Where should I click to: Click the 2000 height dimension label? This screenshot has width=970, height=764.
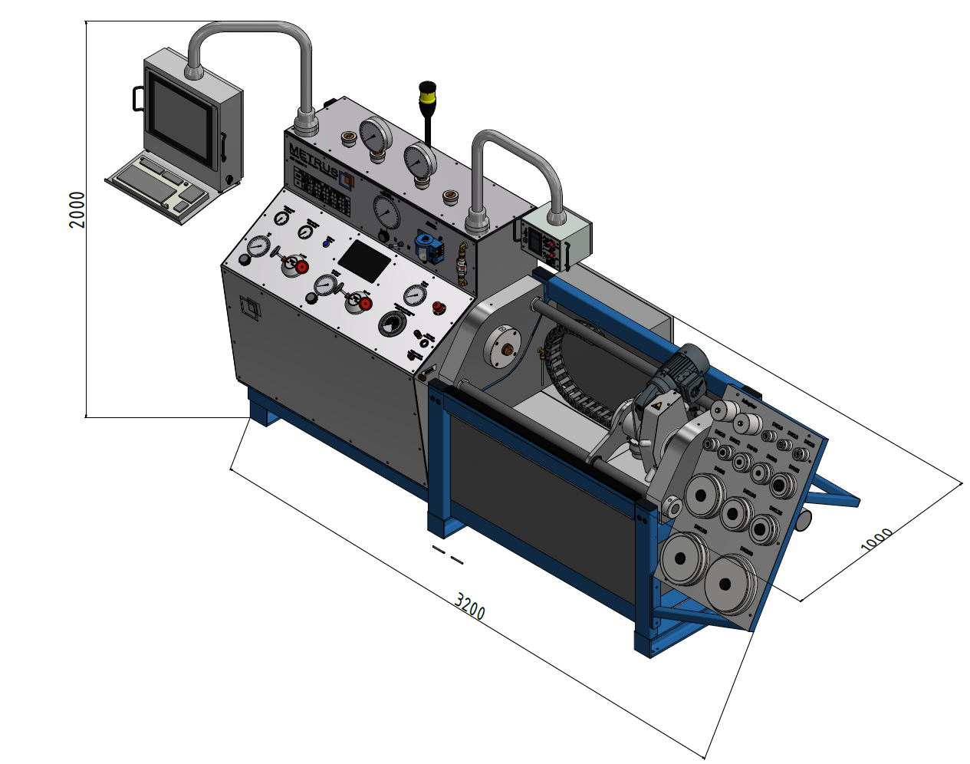[x=77, y=209]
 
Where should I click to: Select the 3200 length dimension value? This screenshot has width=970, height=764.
[x=469, y=606]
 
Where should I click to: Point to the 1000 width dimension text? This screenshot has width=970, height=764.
[x=876, y=539]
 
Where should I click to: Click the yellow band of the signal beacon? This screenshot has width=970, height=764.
[x=427, y=98]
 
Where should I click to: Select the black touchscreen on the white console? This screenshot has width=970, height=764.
[x=364, y=259]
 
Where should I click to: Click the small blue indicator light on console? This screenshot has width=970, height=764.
[x=326, y=242]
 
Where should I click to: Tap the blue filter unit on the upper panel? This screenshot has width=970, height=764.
[x=426, y=246]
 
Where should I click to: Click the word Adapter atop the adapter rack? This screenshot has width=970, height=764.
[x=754, y=403]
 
